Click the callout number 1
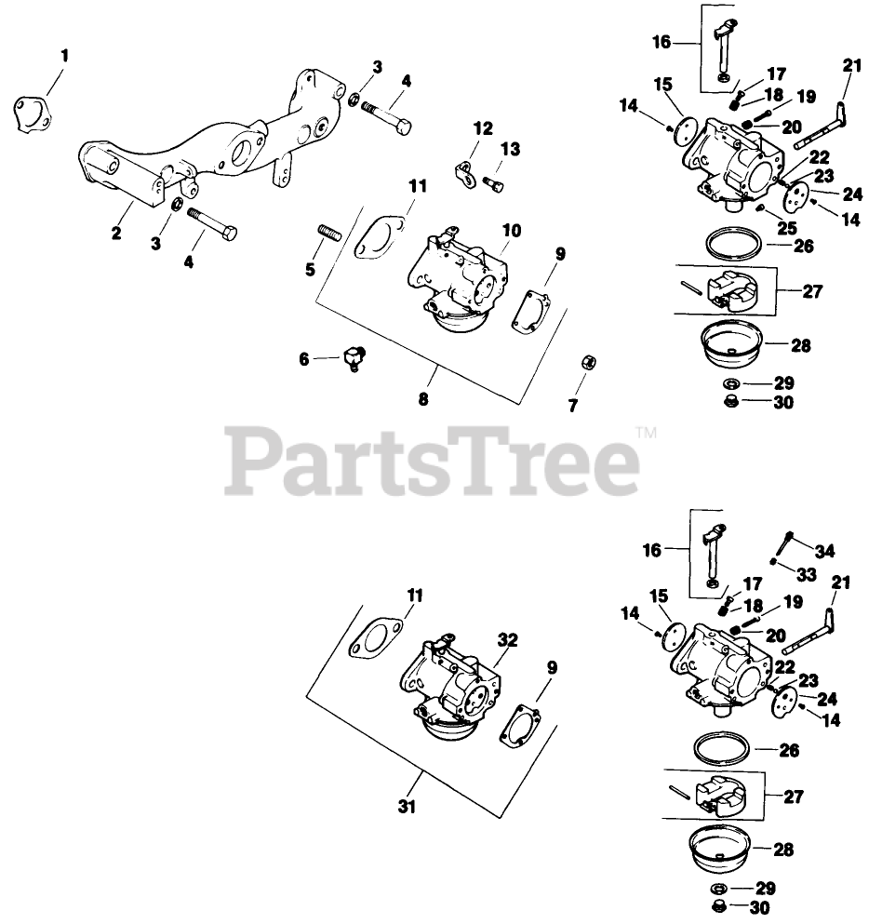coord(64,57)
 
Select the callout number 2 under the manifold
coord(116,234)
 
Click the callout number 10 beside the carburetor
coord(508,229)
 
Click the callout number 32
coord(508,640)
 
